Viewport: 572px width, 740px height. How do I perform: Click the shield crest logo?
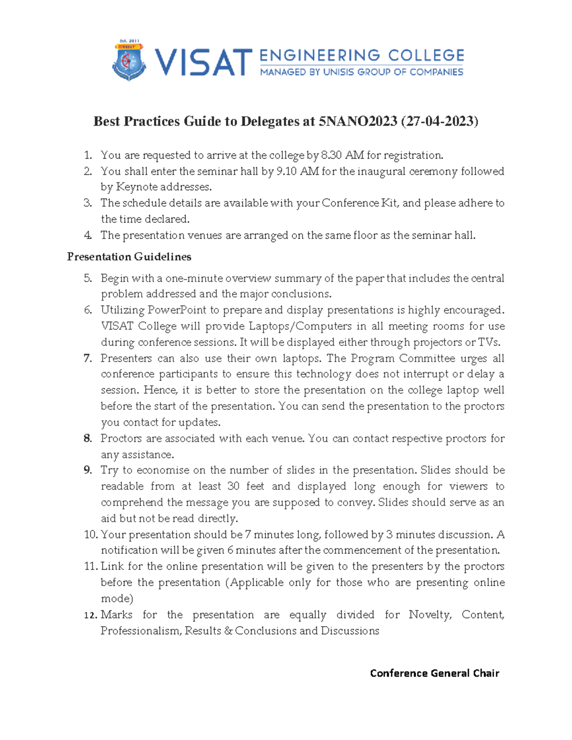point(128,61)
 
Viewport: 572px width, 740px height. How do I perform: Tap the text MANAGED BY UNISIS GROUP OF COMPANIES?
point(361,72)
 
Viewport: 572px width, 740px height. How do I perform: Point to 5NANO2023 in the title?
point(357,122)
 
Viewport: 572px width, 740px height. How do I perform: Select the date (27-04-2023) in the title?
point(439,122)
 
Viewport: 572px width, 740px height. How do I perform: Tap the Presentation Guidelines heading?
point(129,257)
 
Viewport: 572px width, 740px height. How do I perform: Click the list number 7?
point(87,358)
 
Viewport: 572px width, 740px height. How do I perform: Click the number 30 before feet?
point(233,487)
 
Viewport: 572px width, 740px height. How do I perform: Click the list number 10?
point(91,535)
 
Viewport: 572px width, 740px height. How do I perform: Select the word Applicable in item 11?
point(268,583)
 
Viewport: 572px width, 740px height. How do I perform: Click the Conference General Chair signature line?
point(434,673)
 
